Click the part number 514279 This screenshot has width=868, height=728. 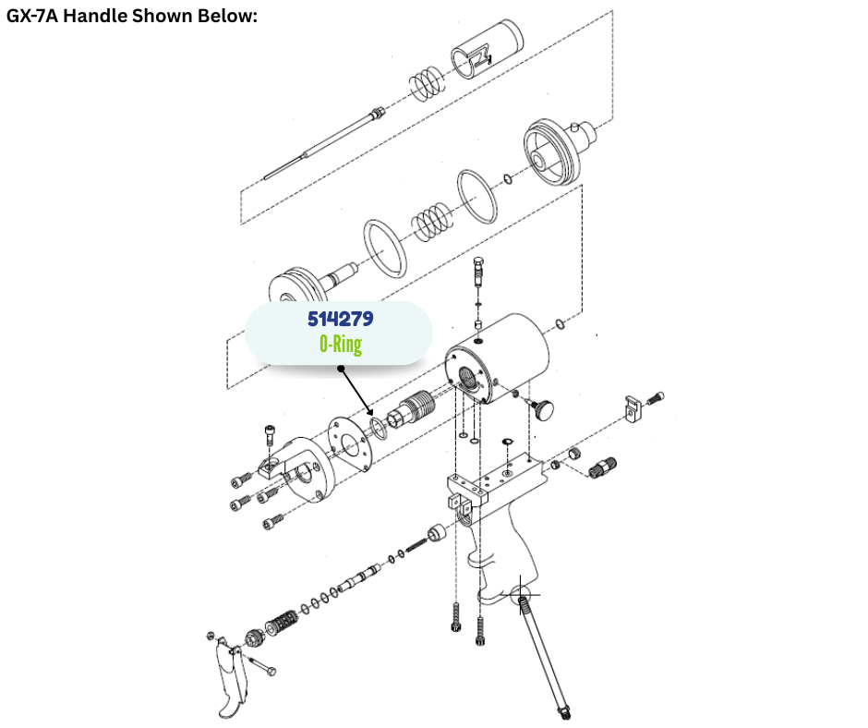[341, 319]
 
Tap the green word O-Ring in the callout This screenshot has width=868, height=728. [341, 344]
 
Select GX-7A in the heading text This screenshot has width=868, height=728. [31, 16]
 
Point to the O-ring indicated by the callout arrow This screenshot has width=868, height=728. [379, 429]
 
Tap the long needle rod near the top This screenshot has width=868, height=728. [323, 143]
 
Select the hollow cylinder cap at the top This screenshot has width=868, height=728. [487, 49]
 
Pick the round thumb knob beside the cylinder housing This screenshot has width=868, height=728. [543, 408]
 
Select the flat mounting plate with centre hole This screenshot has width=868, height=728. [350, 444]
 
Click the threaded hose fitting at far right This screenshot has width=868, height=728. [603, 467]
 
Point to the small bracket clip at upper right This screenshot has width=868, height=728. [633, 407]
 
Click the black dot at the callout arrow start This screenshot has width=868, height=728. [341, 369]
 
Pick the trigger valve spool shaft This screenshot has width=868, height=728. [359, 577]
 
